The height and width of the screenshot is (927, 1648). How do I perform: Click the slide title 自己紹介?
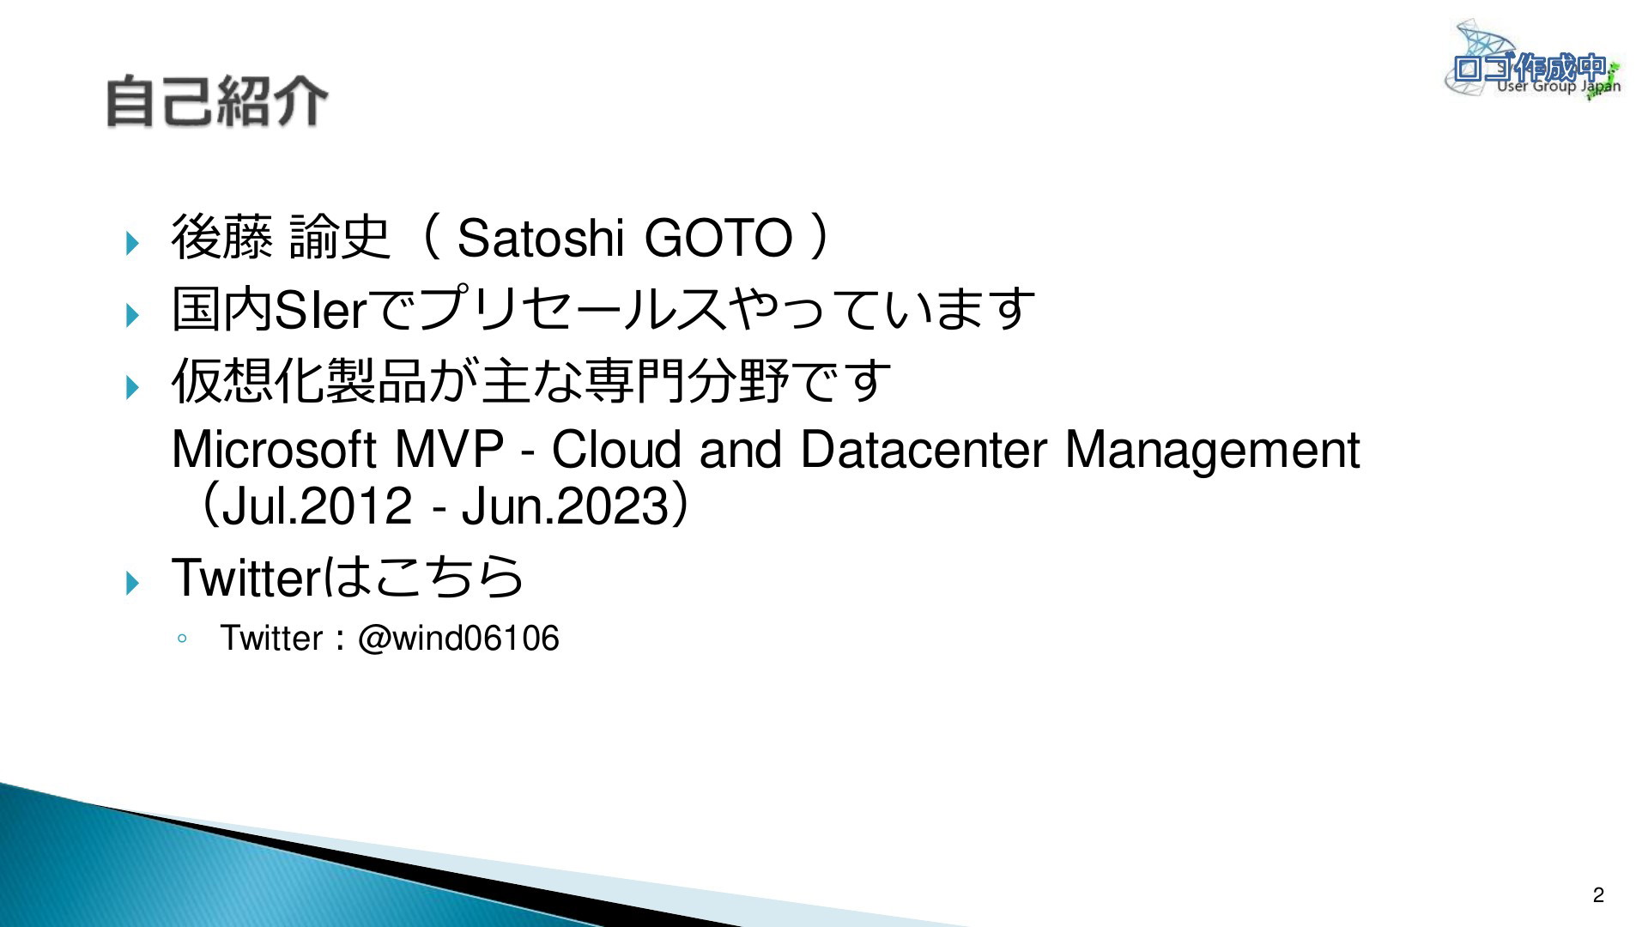(216, 101)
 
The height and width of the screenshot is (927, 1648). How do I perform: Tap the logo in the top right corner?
(1534, 59)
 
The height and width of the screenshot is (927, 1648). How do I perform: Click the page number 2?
(1598, 895)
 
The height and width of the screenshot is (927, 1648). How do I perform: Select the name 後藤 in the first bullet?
(222, 237)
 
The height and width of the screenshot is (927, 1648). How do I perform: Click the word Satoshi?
(540, 238)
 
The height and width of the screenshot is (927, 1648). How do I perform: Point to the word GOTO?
(718, 238)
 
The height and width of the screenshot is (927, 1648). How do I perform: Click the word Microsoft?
(274, 449)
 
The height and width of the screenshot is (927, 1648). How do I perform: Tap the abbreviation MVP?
(448, 449)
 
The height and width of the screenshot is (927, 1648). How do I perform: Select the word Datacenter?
(924, 449)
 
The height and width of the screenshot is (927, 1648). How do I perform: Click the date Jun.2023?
(565, 506)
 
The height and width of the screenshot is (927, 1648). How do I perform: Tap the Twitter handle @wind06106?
(458, 639)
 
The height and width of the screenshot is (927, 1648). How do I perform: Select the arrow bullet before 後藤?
(132, 243)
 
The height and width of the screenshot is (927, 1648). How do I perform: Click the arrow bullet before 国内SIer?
(132, 315)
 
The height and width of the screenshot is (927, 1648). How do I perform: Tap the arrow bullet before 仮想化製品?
(132, 387)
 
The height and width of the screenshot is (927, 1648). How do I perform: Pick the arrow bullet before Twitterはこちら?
(132, 584)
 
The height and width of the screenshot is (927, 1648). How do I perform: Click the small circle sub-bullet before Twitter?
(181, 639)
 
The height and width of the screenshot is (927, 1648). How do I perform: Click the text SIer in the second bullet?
(320, 309)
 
